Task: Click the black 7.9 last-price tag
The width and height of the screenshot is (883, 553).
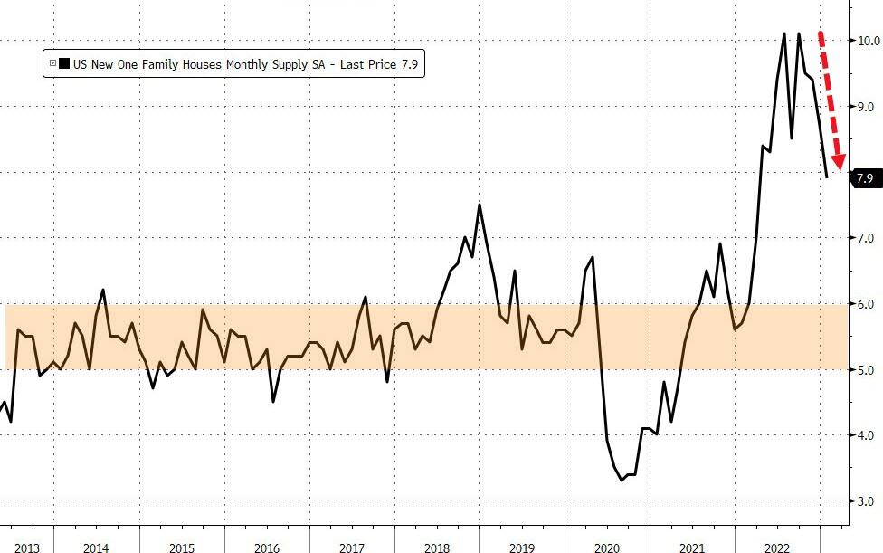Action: [x=864, y=178]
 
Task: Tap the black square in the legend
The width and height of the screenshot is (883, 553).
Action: [x=64, y=64]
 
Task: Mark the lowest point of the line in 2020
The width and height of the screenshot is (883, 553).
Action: [x=622, y=480]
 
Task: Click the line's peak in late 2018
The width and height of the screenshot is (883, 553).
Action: [x=479, y=205]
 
